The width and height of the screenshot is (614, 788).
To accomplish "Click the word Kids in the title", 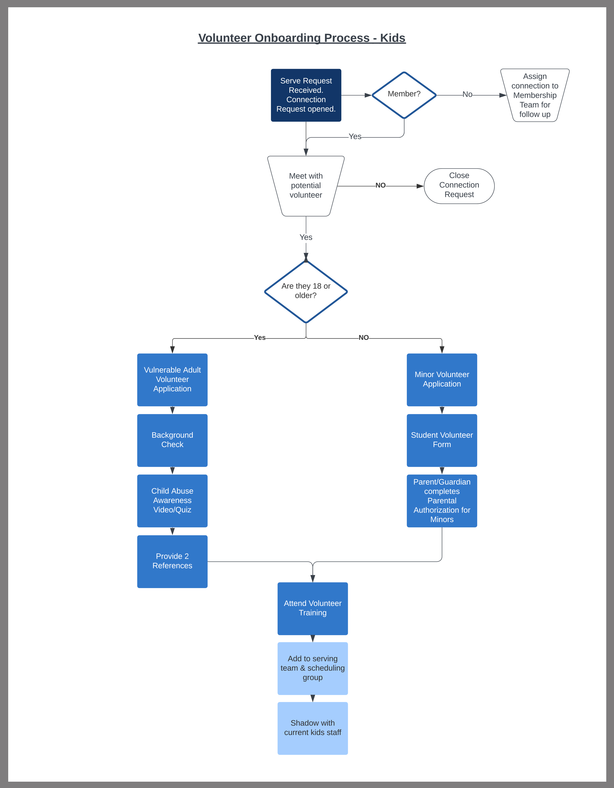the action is coord(392,38).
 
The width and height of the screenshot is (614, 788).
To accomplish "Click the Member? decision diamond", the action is coord(404,95).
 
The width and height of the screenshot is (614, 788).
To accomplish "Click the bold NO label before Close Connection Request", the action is coord(380,185).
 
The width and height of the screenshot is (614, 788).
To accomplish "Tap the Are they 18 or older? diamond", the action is coord(306,291).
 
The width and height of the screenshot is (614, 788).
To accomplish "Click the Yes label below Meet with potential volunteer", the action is coord(306,237).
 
